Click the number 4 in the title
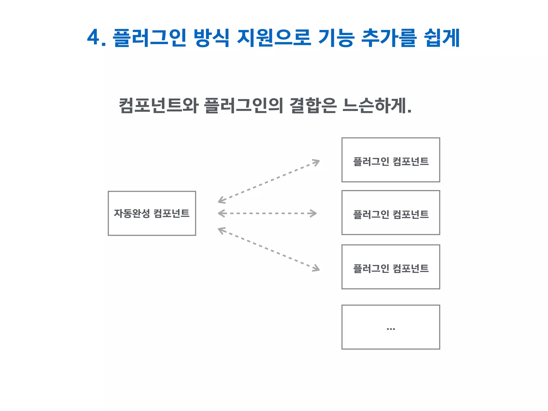[x=93, y=38]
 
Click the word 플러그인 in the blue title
[x=149, y=38]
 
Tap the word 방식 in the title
[x=212, y=38]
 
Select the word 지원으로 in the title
[x=274, y=38]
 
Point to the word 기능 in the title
[x=336, y=38]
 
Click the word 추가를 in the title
[x=389, y=38]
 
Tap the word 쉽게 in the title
[x=442, y=38]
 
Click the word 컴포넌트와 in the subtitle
[x=158, y=105]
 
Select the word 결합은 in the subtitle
[x=313, y=105]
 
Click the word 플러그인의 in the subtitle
[x=243, y=105]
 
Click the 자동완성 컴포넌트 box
[x=152, y=227]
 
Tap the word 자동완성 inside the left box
[x=132, y=213]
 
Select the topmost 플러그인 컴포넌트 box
[x=391, y=174]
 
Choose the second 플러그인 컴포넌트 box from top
[x=391, y=226]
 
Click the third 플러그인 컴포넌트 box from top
[x=391, y=281]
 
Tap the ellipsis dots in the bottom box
[x=391, y=329]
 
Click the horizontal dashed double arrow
[x=268, y=213]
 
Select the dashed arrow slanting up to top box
[x=269, y=181]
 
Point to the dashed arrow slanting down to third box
[x=269, y=249]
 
